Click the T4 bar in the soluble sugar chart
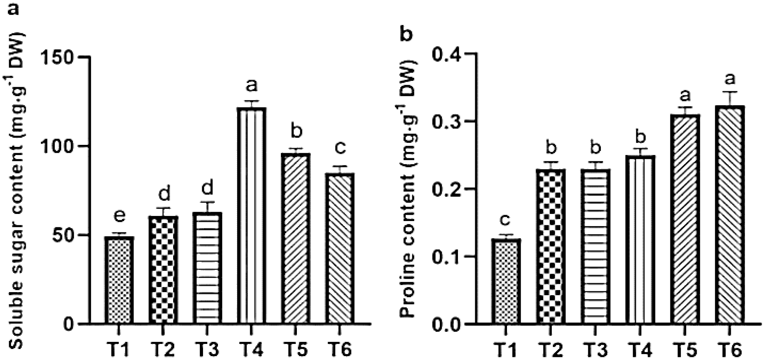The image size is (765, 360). click(x=253, y=216)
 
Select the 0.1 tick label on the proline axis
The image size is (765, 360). click(x=445, y=257)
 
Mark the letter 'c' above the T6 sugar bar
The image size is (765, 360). click(x=340, y=148)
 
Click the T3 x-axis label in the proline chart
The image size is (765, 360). click(x=597, y=348)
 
